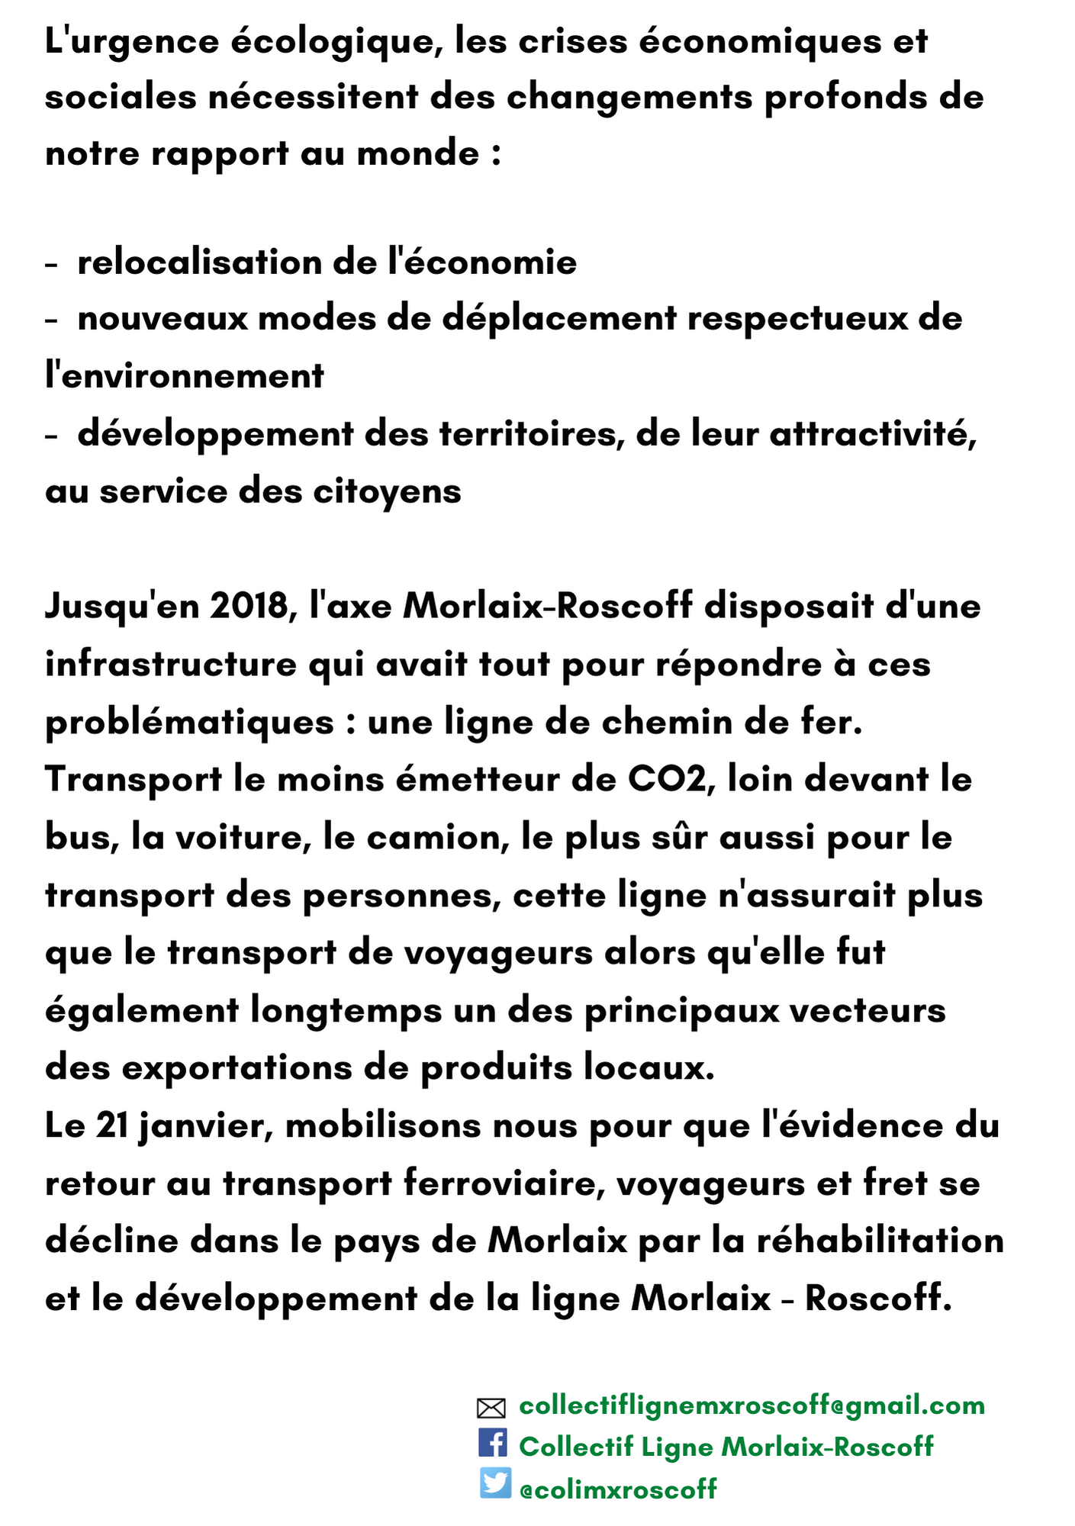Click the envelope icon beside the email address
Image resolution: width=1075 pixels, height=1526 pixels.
pyautogui.click(x=491, y=1408)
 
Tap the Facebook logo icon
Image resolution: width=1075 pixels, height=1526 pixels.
pyautogui.click(x=492, y=1443)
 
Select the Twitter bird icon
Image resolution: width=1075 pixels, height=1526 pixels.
pyautogui.click(x=495, y=1483)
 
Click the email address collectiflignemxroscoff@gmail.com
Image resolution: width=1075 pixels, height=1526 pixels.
pyautogui.click(x=752, y=1405)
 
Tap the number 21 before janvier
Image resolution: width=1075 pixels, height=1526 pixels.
pyautogui.click(x=111, y=1125)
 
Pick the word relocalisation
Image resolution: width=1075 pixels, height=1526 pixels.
pyautogui.click(x=199, y=262)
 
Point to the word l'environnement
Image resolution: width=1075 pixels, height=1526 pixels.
pyautogui.click(x=185, y=376)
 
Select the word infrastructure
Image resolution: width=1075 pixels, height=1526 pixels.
pyautogui.click(x=170, y=664)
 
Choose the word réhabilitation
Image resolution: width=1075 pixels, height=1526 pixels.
pyautogui.click(x=880, y=1241)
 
